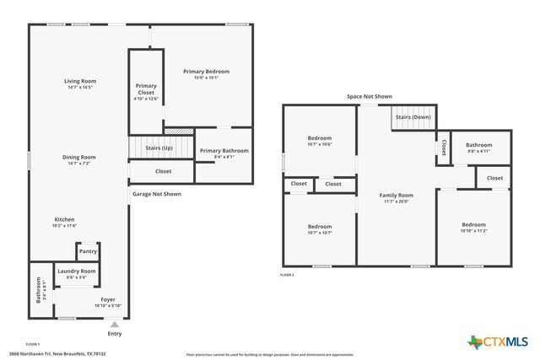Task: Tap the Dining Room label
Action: click(78, 157)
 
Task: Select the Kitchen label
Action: click(64, 219)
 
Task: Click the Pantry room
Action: click(88, 251)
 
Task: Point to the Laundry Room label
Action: click(77, 271)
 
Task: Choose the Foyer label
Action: click(108, 299)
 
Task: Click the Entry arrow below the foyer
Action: click(114, 323)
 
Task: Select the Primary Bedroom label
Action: click(206, 72)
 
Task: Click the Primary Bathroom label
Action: click(223, 151)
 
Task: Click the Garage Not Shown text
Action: click(157, 194)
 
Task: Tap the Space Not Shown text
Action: click(370, 97)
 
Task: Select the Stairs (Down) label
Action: click(413, 117)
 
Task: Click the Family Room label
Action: click(396, 195)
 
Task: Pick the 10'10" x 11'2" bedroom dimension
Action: click(473, 232)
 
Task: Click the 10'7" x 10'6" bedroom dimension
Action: click(319, 144)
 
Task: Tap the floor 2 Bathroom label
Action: click(479, 145)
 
